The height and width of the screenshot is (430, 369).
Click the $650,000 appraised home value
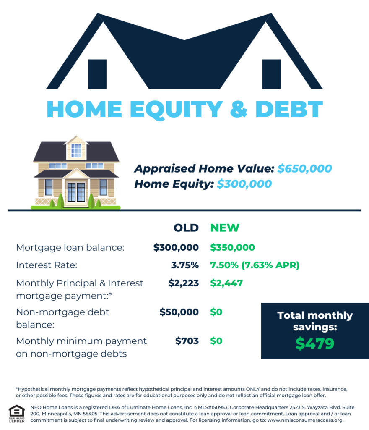(x=304, y=169)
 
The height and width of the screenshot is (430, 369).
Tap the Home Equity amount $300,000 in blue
(x=244, y=184)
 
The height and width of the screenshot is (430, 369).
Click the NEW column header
(x=225, y=228)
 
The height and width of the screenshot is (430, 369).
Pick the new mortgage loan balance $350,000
(x=232, y=248)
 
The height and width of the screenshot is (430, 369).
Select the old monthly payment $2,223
(x=183, y=283)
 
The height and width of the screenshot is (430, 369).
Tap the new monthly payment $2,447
(x=226, y=283)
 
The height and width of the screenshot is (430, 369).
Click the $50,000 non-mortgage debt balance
(x=179, y=312)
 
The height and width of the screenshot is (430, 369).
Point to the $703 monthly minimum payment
(x=187, y=341)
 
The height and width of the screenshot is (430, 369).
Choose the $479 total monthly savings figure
(x=315, y=343)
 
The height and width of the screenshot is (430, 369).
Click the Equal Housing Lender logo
(x=17, y=414)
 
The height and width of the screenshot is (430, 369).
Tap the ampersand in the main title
(x=238, y=109)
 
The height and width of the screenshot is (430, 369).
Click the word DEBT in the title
(x=289, y=109)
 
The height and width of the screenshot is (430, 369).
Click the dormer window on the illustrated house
(x=76, y=150)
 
